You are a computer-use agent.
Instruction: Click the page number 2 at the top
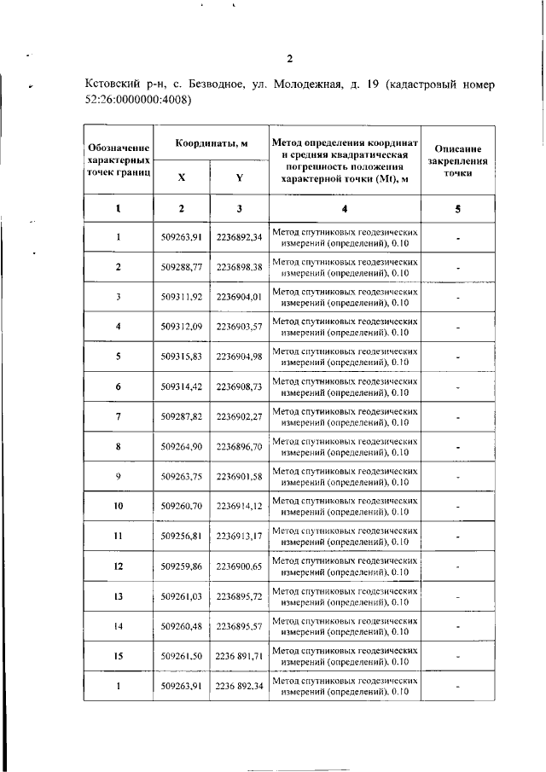tap(289, 59)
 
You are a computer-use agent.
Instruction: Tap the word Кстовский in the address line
tap(115, 85)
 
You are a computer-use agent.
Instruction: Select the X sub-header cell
tap(181, 177)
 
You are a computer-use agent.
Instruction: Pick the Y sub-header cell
tap(239, 177)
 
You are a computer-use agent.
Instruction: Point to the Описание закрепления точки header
tap(458, 160)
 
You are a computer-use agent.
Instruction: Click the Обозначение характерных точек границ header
tap(119, 160)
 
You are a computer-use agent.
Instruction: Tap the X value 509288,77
tap(181, 267)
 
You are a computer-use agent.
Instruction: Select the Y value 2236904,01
tap(239, 297)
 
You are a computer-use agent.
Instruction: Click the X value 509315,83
tap(181, 357)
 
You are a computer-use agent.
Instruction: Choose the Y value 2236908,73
tap(239, 386)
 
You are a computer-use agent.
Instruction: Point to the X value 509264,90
tap(181, 446)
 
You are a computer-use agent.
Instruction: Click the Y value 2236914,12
tap(239, 506)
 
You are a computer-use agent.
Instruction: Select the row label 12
tap(119, 566)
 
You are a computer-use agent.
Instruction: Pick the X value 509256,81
tap(181, 536)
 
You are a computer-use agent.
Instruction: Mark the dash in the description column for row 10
tap(458, 507)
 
